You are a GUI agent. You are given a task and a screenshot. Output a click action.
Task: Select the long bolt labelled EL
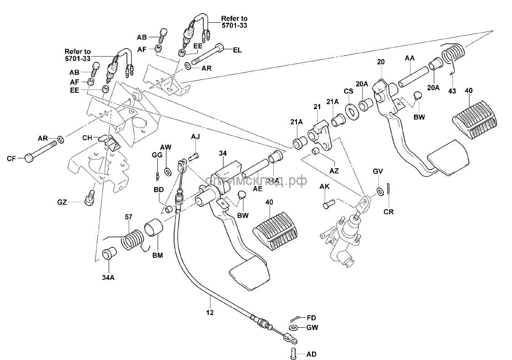[207, 54]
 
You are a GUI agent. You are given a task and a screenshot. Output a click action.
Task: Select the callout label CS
[349, 91]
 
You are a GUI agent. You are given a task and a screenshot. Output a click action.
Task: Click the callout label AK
[324, 187]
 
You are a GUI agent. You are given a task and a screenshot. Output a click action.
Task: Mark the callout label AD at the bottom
[311, 354]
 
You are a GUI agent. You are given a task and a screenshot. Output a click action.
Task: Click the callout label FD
[311, 318]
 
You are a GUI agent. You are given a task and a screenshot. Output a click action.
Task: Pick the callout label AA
[410, 58]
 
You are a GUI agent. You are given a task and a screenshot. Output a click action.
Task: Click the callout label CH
[87, 137]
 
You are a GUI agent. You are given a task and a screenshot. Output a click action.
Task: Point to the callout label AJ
[196, 136]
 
